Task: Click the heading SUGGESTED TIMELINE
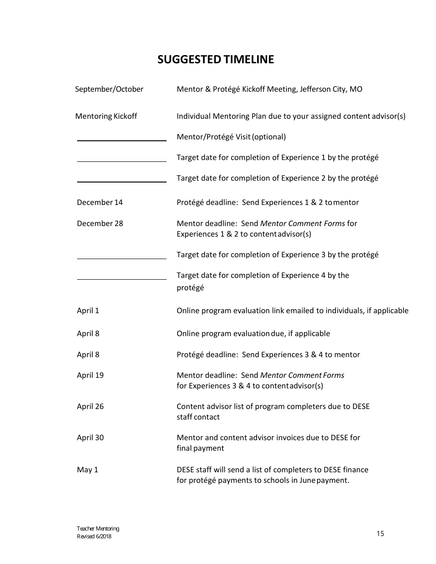pyautogui.click(x=216, y=60)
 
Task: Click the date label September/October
pyautogui.click(x=109, y=89)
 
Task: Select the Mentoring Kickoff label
pyautogui.click(x=106, y=116)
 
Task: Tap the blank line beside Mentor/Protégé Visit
pyautogui.click(x=122, y=140)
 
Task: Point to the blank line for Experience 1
pyautogui.click(x=122, y=160)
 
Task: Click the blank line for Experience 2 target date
pyautogui.click(x=122, y=181)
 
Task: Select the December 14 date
pyautogui.click(x=100, y=202)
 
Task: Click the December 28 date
pyautogui.click(x=100, y=223)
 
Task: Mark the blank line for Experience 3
pyautogui.click(x=122, y=258)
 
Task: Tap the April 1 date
pyautogui.click(x=88, y=310)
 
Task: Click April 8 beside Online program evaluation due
pyautogui.click(x=88, y=333)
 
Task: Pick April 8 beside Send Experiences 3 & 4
pyautogui.click(x=88, y=354)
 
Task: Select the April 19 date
pyautogui.click(x=90, y=375)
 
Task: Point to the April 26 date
pyautogui.click(x=90, y=406)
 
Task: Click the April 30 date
pyautogui.click(x=90, y=437)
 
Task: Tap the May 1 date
pyautogui.click(x=87, y=470)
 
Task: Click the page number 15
pyautogui.click(x=380, y=533)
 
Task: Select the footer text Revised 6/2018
pyautogui.click(x=94, y=536)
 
